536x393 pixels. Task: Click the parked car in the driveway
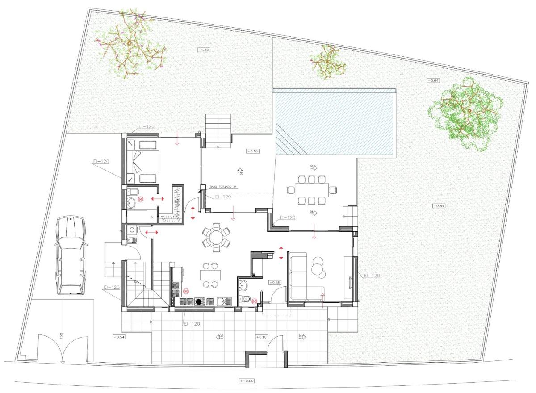click(x=70, y=255)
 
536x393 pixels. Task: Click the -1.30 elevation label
click(x=203, y=50)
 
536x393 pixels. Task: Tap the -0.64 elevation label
click(x=433, y=80)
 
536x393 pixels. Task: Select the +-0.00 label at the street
click(x=247, y=381)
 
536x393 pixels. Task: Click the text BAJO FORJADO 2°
click(x=227, y=187)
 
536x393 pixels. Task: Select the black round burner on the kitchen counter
click(x=198, y=302)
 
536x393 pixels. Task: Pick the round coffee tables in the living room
click(x=318, y=265)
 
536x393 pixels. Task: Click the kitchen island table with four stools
click(x=209, y=275)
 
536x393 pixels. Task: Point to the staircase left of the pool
click(x=218, y=130)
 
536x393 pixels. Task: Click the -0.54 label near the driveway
click(x=119, y=337)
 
